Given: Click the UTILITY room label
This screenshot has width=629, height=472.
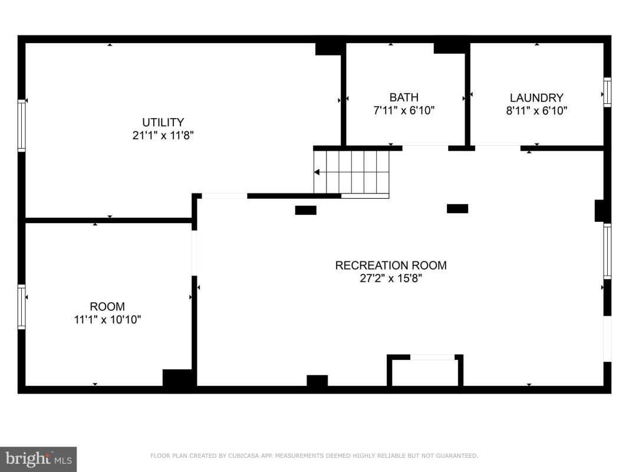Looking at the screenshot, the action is (x=163, y=122).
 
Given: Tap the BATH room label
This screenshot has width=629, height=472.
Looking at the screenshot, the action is (x=404, y=97).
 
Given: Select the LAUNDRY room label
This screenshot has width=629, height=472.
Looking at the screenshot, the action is (x=536, y=97).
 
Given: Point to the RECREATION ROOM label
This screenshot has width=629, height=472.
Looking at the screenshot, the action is (x=391, y=265).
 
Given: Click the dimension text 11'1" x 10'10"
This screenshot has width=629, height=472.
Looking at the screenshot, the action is (x=107, y=319).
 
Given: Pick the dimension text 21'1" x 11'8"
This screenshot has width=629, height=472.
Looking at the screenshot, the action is (x=163, y=135).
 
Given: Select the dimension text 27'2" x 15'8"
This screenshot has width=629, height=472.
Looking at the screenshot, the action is (x=391, y=278).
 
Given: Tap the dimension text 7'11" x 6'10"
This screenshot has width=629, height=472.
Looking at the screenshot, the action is (x=404, y=110).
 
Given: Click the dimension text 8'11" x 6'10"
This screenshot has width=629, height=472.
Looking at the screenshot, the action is (x=536, y=110).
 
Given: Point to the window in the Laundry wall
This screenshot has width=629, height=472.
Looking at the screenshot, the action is (x=607, y=92).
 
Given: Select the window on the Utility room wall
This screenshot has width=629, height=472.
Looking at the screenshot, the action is (x=21, y=126).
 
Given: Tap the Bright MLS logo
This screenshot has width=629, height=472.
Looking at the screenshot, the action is (x=38, y=459).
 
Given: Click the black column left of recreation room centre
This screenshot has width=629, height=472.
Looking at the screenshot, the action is (x=306, y=210).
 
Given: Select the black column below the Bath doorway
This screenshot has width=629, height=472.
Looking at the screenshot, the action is (x=457, y=209).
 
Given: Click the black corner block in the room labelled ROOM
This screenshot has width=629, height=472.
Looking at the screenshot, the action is (x=179, y=378).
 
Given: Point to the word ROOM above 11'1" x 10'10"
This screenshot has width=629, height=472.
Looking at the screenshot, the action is (x=107, y=307).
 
